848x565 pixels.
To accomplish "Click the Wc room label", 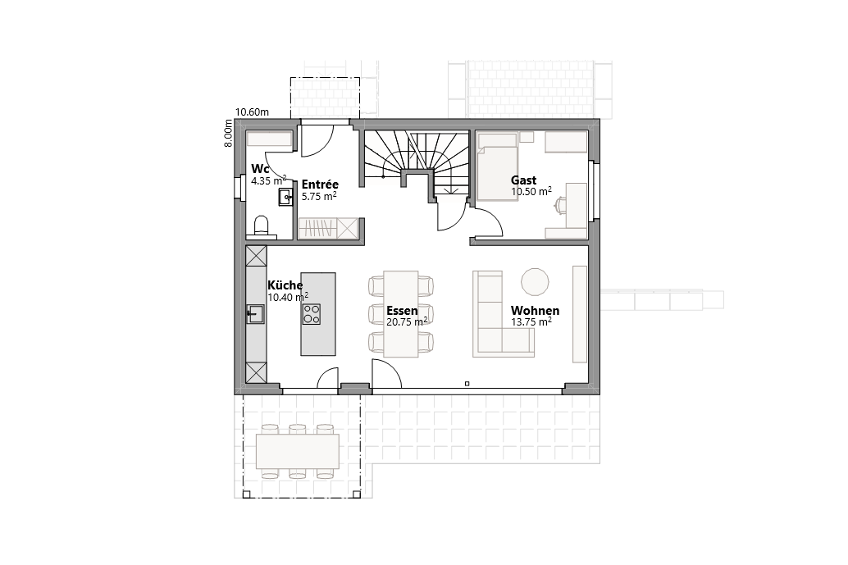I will [x=260, y=170].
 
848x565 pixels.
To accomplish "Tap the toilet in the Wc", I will [x=262, y=226].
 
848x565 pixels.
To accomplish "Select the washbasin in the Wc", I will [x=285, y=197].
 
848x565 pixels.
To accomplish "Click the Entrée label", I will [x=320, y=185].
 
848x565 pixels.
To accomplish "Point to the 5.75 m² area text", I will [x=319, y=197].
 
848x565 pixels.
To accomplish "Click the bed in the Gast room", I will [x=497, y=169].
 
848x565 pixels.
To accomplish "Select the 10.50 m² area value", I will [x=531, y=191].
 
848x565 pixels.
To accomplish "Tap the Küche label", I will [x=285, y=285].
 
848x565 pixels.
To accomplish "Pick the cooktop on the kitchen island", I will [x=312, y=313].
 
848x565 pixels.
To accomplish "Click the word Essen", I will [x=403, y=311].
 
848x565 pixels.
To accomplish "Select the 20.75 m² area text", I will [x=407, y=322].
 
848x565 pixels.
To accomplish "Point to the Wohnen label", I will [x=535, y=311].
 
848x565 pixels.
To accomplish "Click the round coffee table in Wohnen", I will [x=536, y=281].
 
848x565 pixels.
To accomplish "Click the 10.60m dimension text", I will [x=253, y=112].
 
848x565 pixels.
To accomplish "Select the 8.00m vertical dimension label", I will [x=230, y=134].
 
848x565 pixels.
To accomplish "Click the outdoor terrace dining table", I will [x=298, y=450].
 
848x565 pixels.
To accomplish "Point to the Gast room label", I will [x=523, y=180].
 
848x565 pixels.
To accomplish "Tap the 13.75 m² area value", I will [x=531, y=322].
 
